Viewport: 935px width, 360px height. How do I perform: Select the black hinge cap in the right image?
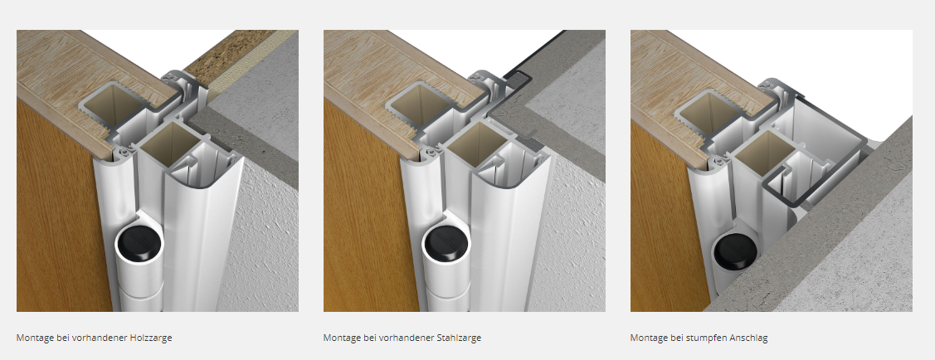736,253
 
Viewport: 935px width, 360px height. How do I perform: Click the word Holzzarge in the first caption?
152,338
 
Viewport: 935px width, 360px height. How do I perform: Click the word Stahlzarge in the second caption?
460,338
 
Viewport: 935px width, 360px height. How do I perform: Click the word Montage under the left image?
35,338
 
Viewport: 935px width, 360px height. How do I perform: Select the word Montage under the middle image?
342,338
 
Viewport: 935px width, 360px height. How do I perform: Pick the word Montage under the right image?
649,338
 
